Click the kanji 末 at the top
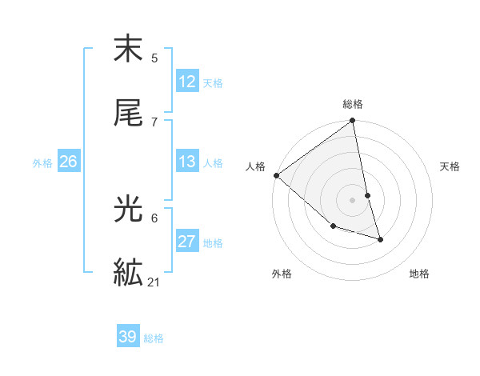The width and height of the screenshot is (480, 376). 128,50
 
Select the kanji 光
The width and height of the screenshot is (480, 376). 128,210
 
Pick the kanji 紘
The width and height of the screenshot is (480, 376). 128,272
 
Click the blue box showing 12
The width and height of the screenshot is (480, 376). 187,82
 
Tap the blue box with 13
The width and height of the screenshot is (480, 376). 187,162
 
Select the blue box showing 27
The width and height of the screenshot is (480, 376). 187,242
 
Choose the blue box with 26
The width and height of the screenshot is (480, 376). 68,162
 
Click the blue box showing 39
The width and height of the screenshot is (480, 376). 128,337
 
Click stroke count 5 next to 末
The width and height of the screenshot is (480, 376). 154,58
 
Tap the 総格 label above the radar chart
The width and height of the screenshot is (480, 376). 353,104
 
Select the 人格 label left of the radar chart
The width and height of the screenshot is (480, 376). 255,166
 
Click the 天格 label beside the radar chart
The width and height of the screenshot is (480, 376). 450,166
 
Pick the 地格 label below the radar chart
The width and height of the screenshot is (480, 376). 419,274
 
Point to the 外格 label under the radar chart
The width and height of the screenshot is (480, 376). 282,274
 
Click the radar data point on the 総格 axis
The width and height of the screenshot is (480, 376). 353,122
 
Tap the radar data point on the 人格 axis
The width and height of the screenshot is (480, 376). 277,175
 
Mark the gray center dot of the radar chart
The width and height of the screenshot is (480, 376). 353,200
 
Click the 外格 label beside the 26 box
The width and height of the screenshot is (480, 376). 42,162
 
